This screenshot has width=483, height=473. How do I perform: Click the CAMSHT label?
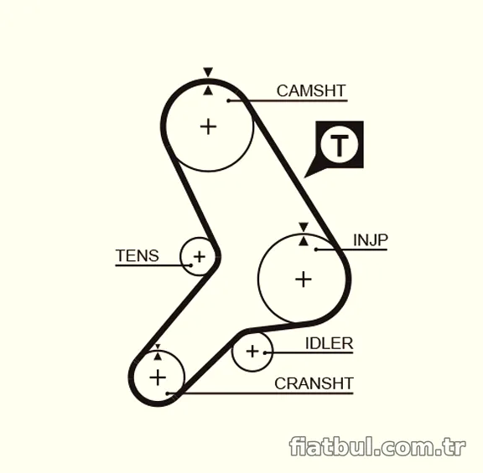pyautogui.click(x=311, y=90)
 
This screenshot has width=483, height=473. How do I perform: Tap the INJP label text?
pyautogui.click(x=371, y=240)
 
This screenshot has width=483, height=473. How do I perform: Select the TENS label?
pyautogui.click(x=138, y=255)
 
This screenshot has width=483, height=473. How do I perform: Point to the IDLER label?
pyautogui.click(x=329, y=343)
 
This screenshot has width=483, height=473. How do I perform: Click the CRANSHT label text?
pyautogui.click(x=314, y=383)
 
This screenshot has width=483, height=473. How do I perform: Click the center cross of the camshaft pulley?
pyautogui.click(x=209, y=126)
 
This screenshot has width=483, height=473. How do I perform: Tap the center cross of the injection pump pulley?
pyautogui.click(x=304, y=280)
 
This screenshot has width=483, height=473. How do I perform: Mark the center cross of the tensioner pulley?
pyautogui.click(x=200, y=256)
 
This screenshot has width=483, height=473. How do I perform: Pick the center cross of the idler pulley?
pyautogui.click(x=252, y=352)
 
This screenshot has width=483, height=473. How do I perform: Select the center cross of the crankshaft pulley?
pyautogui.click(x=158, y=378)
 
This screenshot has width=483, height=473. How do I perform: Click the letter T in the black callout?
pyautogui.click(x=339, y=145)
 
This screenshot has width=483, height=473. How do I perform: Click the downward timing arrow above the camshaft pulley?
pyautogui.click(x=208, y=72)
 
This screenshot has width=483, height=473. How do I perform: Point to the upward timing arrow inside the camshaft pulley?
pyautogui.click(x=208, y=90)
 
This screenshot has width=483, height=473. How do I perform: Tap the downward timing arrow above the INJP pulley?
pyautogui.click(x=304, y=227)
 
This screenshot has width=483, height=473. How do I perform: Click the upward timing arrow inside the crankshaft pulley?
pyautogui.click(x=158, y=356)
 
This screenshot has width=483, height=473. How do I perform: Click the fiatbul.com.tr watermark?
pyautogui.click(x=377, y=446)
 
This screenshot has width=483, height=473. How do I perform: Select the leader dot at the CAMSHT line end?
pyautogui.click(x=229, y=100)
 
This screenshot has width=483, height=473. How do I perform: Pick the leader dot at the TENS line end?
pyautogui.click(x=190, y=265)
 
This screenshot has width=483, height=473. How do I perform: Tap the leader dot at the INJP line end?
pyautogui.click(x=316, y=249)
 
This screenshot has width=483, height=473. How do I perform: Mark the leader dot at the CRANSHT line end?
pyautogui.click(x=168, y=393)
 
